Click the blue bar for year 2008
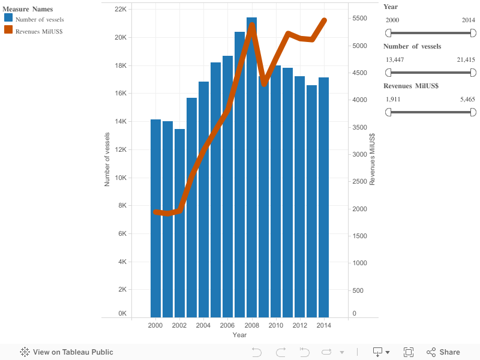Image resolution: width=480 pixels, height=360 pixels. click(251, 180)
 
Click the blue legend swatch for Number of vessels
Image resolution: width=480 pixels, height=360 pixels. click(8, 19)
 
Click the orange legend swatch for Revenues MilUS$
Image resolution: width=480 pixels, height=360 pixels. click(8, 30)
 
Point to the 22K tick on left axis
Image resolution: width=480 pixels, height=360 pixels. click(120, 10)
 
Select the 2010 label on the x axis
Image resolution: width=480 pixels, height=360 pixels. click(275, 325)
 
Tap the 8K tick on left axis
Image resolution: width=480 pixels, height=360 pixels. click(121, 206)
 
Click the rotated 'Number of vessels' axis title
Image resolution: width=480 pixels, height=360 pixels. click(107, 159)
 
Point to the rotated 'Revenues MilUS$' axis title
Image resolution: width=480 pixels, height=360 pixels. click(372, 159)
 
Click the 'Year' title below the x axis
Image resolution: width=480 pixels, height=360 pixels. click(239, 335)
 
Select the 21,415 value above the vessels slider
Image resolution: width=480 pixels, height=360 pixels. click(466, 59)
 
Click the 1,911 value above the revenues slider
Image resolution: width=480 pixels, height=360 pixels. click(392, 99)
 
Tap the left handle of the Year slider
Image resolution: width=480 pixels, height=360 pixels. click(388, 33)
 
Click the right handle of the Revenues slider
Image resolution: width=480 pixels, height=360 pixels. click(473, 112)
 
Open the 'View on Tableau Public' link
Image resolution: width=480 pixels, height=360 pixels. click(67, 352)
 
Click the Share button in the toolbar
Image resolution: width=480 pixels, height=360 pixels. click(443, 352)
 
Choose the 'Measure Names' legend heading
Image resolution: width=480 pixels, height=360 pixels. click(28, 9)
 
